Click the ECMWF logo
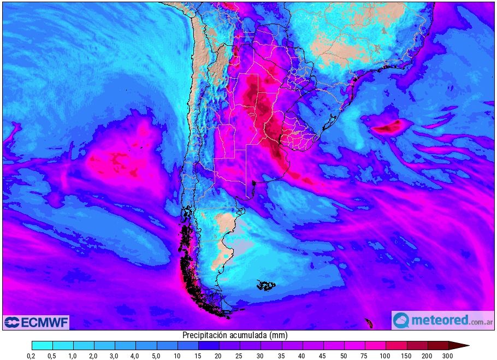tap(36, 322)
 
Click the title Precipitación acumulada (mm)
tap(235, 335)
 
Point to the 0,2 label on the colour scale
tap(32, 356)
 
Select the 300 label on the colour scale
tap(447, 356)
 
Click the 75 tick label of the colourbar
tap(364, 356)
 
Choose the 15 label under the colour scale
tap(198, 356)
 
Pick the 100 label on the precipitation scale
tap(385, 356)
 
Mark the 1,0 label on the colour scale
tap(73, 356)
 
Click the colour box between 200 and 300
tap(437, 345)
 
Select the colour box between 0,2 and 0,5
tap(42, 345)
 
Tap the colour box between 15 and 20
tap(209, 345)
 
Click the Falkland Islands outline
tap(267, 285)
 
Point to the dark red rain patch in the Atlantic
tap(389, 128)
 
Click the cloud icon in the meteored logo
tap(401, 320)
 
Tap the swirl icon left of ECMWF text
tap(12, 322)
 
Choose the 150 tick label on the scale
tap(406, 356)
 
